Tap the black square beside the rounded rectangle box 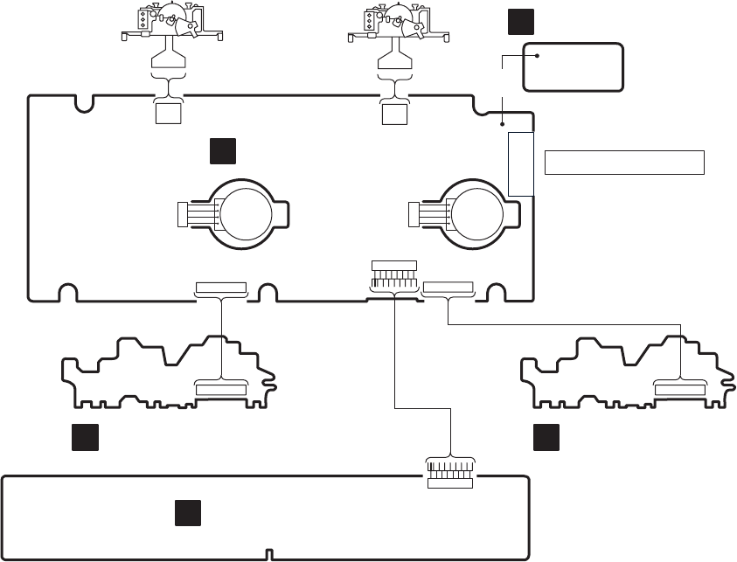pos(518,23)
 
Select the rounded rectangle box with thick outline pos(573,66)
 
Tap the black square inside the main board pos(223,151)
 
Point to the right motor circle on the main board pos(476,212)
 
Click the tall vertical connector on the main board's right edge pos(520,163)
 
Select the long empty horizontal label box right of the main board pos(624,162)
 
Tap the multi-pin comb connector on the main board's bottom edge pos(394,277)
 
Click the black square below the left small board pos(84,437)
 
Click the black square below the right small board pos(548,437)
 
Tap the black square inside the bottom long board pos(186,513)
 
